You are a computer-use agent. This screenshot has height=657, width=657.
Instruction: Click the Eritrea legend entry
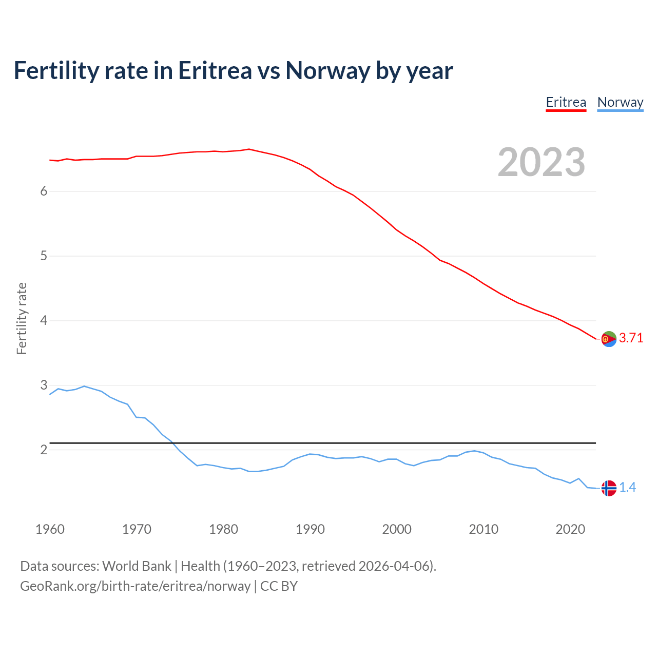coord(566,102)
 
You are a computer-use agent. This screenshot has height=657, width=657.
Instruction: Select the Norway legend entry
coord(620,102)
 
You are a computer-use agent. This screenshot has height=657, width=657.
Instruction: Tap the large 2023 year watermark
coord(542,162)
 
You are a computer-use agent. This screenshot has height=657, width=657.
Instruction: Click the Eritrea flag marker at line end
coord(609,339)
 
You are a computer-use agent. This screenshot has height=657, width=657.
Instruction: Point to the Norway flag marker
coord(609,488)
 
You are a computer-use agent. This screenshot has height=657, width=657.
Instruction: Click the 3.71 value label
coord(631,338)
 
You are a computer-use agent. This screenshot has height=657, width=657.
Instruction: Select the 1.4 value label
coord(627,487)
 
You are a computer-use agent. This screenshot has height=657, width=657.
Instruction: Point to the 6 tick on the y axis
coord(44,191)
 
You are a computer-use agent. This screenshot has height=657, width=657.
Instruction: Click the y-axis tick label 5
coord(44,256)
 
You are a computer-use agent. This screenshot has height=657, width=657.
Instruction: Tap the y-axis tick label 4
coord(44,320)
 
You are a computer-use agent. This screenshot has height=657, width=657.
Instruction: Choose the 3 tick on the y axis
coord(44,385)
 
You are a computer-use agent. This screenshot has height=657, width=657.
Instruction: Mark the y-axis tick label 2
coord(44,450)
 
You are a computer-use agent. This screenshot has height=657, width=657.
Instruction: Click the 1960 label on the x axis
coord(50,529)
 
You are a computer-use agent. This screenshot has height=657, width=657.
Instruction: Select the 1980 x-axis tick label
coord(223,529)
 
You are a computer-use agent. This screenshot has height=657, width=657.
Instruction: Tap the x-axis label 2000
coord(397,529)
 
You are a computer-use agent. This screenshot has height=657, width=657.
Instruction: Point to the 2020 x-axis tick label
coord(570,529)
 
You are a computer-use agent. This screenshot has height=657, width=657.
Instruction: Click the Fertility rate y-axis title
coord(22,318)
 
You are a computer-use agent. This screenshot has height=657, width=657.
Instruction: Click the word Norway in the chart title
coord(327,70)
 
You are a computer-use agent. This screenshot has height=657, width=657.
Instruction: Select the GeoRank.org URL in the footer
coord(135,586)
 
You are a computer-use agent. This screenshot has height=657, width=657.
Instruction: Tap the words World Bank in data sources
coord(137,566)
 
